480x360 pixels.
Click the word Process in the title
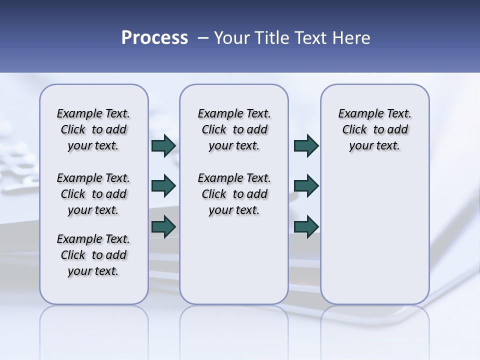(x=154, y=38)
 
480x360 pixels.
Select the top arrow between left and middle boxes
(x=163, y=145)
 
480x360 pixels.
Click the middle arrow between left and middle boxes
(x=163, y=186)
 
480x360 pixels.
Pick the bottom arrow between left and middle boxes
(x=163, y=226)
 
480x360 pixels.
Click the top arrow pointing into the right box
(x=306, y=145)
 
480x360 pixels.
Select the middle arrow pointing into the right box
(x=306, y=186)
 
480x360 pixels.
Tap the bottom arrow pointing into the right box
(x=306, y=226)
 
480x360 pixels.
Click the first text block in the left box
(x=93, y=129)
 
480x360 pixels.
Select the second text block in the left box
(x=93, y=194)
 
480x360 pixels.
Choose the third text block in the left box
(x=93, y=255)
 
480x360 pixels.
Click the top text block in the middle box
(x=234, y=129)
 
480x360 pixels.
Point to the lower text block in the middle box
(x=234, y=194)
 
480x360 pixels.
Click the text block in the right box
(x=374, y=129)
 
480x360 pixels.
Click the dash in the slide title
(x=203, y=38)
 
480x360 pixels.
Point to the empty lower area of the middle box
(x=234, y=260)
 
